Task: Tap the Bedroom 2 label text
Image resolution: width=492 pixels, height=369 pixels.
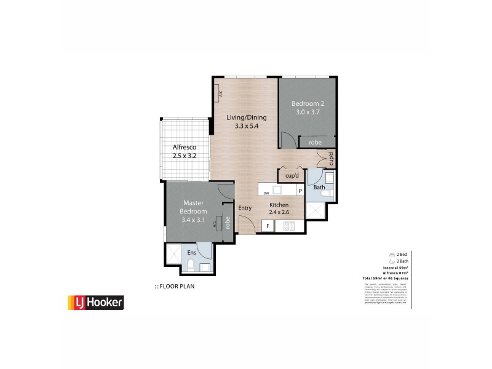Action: click(x=308, y=103)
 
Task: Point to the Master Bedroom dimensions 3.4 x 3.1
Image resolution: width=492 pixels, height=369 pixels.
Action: click(x=194, y=220)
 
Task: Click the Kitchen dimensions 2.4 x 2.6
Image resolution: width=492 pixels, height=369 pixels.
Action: click(x=279, y=212)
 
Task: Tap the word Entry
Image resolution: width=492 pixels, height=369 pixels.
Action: click(x=245, y=208)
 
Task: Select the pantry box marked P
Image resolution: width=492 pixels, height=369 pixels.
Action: click(x=300, y=191)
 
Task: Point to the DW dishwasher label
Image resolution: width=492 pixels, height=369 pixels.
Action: click(x=266, y=192)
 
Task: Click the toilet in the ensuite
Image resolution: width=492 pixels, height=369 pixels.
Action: click(x=191, y=266)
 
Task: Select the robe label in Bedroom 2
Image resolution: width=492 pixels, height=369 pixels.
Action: click(x=315, y=142)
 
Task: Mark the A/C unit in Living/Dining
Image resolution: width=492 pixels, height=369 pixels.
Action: click(x=219, y=93)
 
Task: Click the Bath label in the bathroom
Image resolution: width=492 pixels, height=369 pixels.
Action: click(x=319, y=187)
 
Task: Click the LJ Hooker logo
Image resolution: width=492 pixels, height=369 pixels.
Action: click(x=95, y=302)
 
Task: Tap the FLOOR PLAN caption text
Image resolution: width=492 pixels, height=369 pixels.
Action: click(x=175, y=286)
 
